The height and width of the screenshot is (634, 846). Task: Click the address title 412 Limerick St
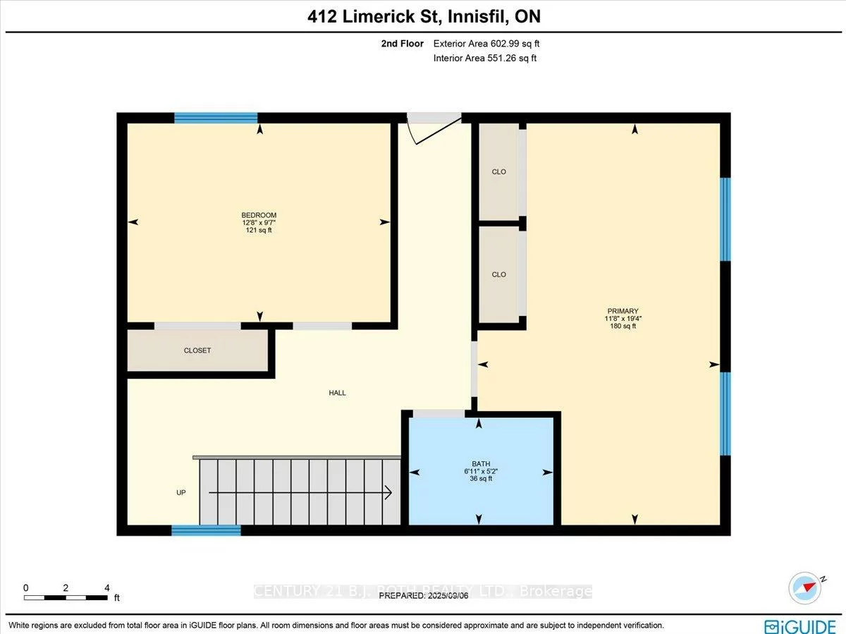click(424, 16)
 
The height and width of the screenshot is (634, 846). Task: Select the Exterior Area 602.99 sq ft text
click(486, 44)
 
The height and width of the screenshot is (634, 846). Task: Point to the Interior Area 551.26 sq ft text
click(485, 59)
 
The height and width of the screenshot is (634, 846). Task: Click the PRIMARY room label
click(623, 318)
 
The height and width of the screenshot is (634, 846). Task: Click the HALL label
click(338, 393)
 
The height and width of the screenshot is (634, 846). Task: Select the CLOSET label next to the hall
click(197, 350)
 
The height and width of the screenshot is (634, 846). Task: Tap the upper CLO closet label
click(499, 172)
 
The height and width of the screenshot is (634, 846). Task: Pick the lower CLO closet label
click(499, 274)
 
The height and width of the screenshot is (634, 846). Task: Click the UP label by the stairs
click(181, 493)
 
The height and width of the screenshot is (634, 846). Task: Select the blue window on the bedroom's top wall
click(216, 118)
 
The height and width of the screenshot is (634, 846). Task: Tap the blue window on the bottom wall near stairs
click(206, 530)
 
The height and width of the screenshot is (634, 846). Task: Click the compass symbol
click(806, 587)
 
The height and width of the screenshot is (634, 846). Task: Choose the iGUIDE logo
click(800, 626)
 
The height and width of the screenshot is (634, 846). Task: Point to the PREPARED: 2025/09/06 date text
click(423, 596)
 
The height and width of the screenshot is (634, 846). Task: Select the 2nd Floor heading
click(402, 44)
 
